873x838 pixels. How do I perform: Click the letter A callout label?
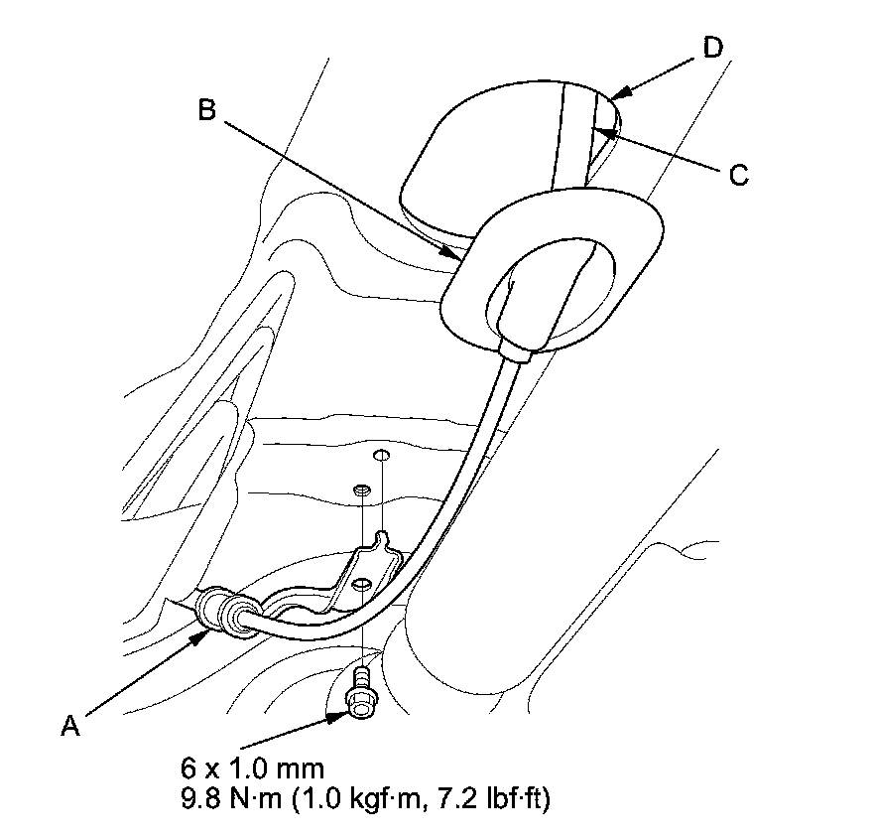[x=69, y=727]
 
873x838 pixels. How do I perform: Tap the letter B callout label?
[x=207, y=110]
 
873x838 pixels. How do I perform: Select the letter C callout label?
[x=737, y=175]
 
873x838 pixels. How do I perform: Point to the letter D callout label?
[x=713, y=47]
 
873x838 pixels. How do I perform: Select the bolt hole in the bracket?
[x=364, y=583]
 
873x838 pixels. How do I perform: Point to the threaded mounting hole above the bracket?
[x=364, y=489]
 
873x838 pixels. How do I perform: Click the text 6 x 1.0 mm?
[x=252, y=768]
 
